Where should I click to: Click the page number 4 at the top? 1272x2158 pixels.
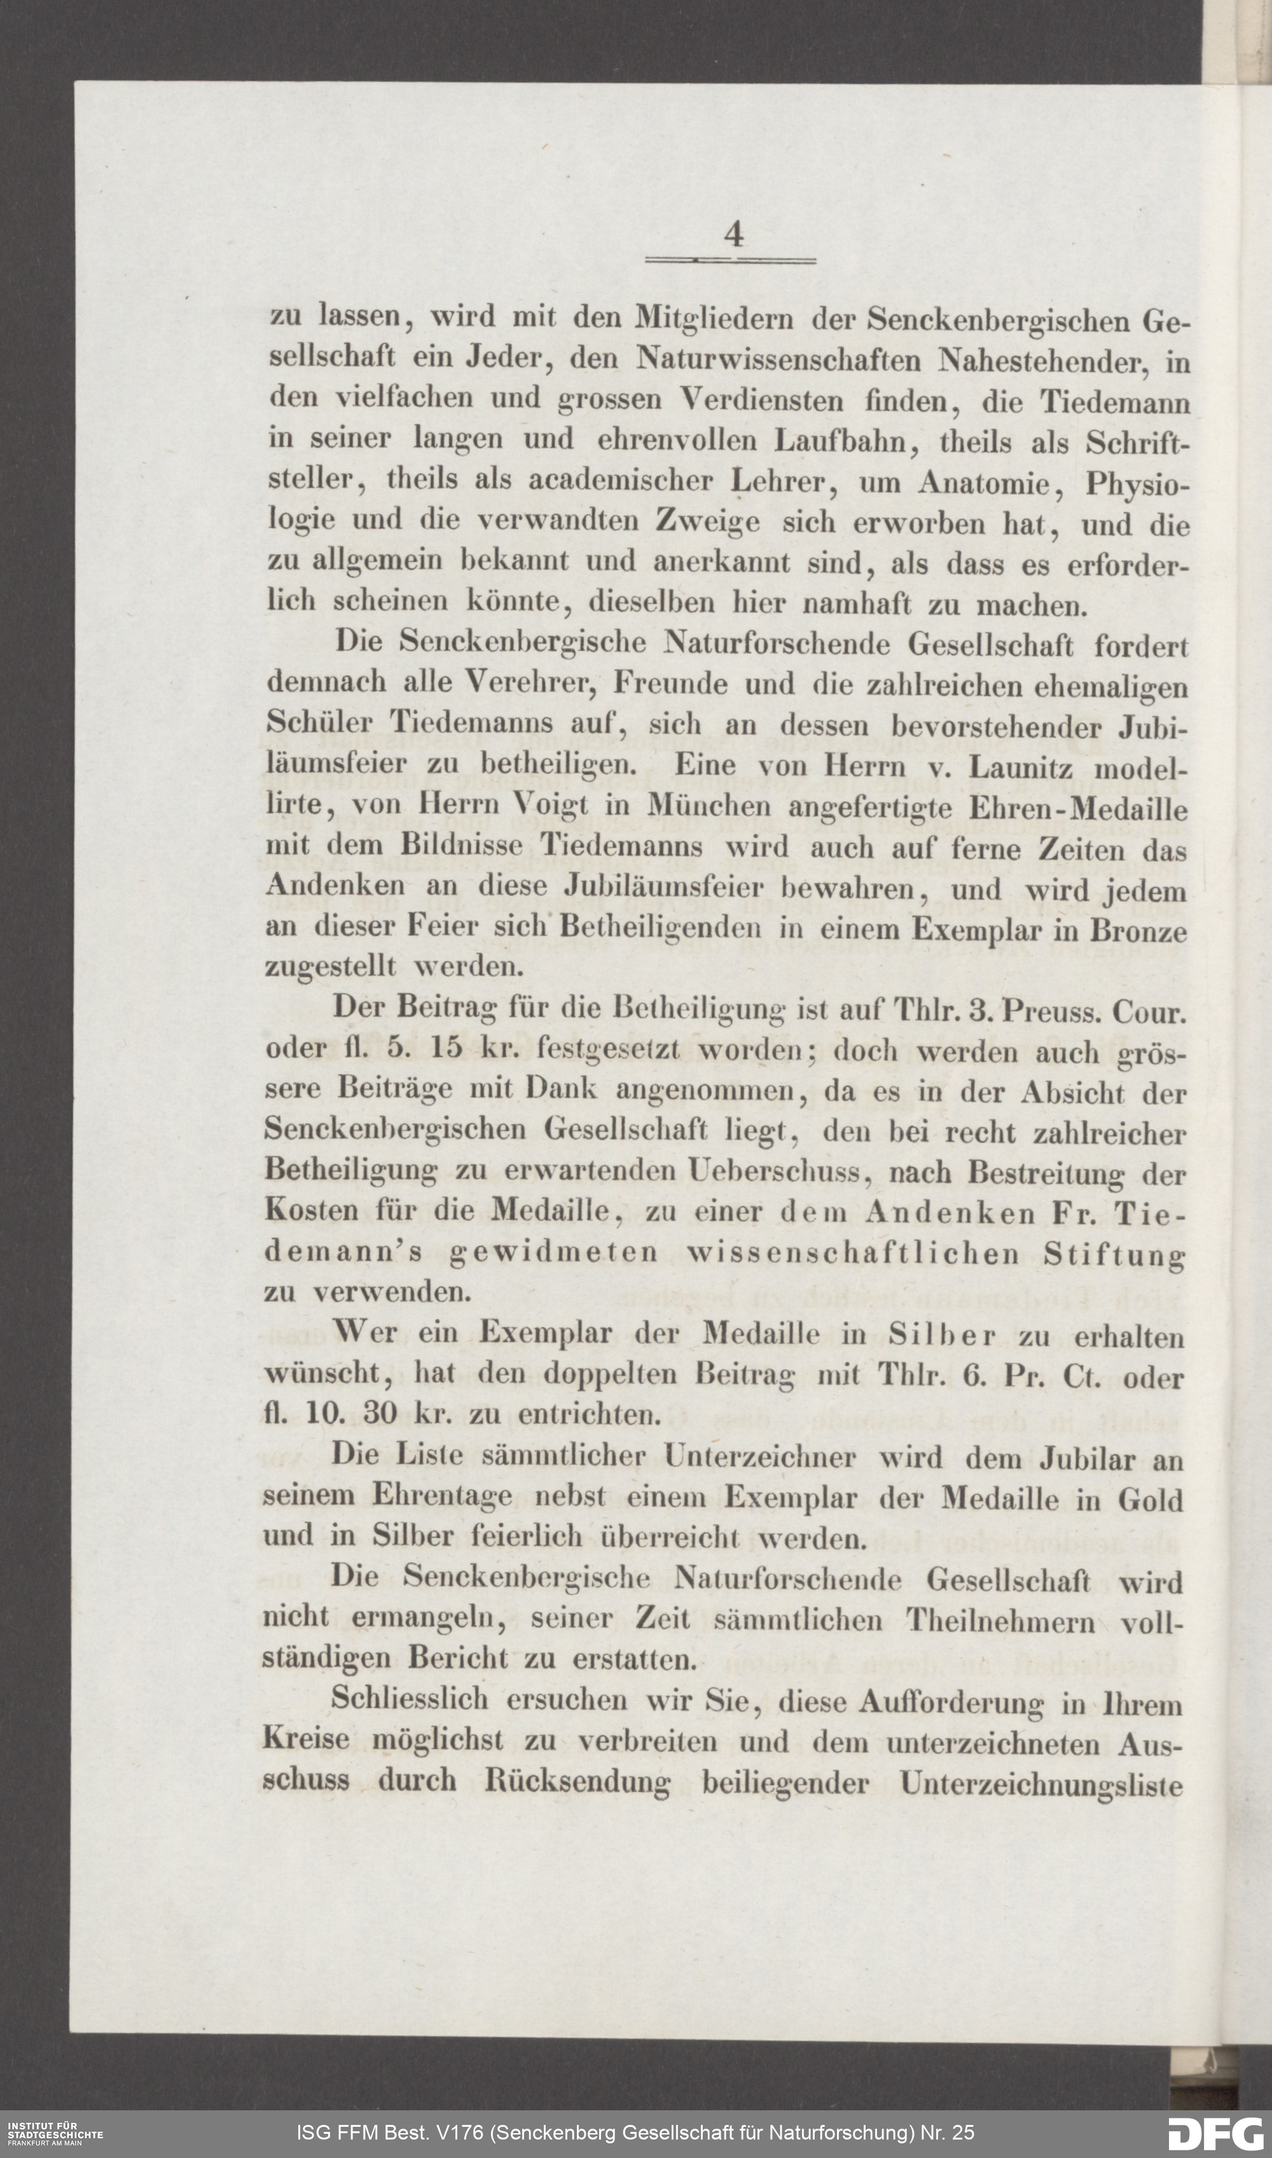tap(733, 234)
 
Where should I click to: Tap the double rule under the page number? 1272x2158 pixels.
tap(730, 259)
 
